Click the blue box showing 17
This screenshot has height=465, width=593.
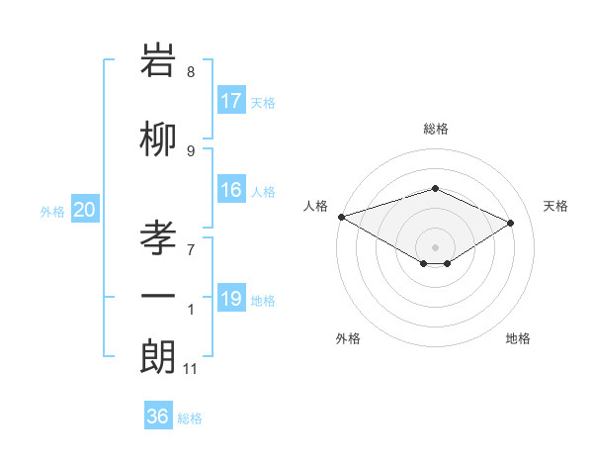point(231,101)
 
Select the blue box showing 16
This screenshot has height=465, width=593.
point(231,190)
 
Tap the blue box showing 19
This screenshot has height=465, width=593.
point(231,299)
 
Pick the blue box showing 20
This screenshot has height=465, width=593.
point(85,210)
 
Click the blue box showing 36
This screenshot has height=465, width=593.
point(158,417)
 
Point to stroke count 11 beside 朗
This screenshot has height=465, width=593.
point(190,369)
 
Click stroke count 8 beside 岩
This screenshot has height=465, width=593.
point(191,72)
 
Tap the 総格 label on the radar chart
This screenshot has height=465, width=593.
point(435,129)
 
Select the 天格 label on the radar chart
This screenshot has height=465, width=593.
point(555,206)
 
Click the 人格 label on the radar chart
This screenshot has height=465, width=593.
point(316,206)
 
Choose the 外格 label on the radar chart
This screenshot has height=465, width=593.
point(348,339)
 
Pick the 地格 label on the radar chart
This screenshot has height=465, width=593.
point(518,339)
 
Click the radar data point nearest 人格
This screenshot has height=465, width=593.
point(341,216)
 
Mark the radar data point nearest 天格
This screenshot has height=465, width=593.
point(511,224)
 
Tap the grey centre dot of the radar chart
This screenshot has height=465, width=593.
point(435,246)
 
